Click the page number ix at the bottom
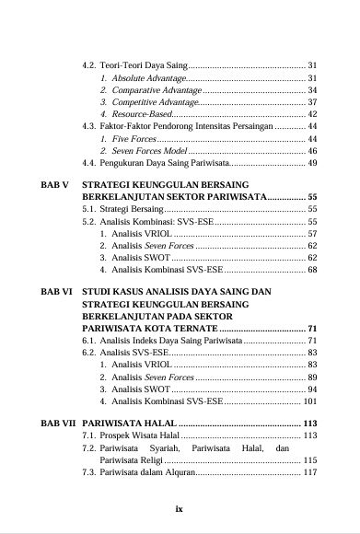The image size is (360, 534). pyautogui.click(x=180, y=505)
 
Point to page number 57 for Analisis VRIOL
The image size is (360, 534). pyautogui.click(x=312, y=234)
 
